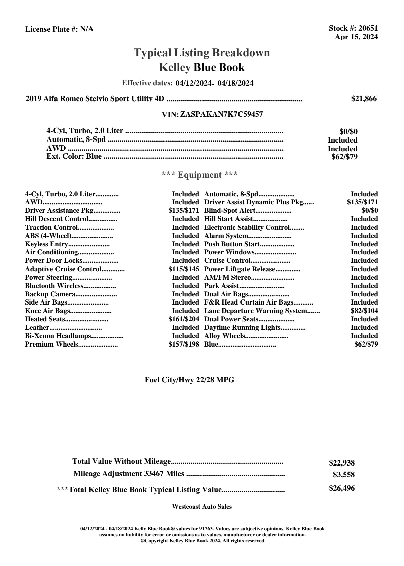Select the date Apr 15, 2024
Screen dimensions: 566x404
click(x=356, y=37)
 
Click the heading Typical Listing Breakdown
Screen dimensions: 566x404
click(x=202, y=53)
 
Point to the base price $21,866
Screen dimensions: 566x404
click(x=364, y=99)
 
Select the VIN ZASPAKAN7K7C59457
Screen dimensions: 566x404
click(x=221, y=114)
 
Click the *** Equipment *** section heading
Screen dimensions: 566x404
click(x=200, y=175)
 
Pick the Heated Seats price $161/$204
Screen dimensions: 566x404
click(x=184, y=319)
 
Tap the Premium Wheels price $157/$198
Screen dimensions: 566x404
click(x=184, y=344)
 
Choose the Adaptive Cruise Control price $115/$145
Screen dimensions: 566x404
click(x=184, y=269)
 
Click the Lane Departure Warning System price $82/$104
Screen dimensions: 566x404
click(x=364, y=311)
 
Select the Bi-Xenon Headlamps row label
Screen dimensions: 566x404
click(x=58, y=336)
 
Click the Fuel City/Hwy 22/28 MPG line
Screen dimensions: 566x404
click(x=189, y=380)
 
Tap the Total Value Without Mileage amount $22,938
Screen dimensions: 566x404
click(x=342, y=463)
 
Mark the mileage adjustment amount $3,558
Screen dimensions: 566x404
click(x=344, y=475)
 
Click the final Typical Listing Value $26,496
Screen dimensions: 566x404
click(x=342, y=488)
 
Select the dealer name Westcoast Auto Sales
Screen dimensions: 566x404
click(x=202, y=507)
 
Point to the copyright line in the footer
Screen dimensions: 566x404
click(x=203, y=541)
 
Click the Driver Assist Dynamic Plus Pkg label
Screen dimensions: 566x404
click(x=254, y=202)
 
